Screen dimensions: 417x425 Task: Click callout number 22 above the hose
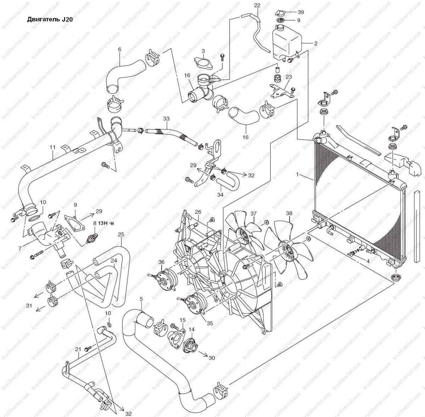257,5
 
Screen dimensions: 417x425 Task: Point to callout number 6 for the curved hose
119,50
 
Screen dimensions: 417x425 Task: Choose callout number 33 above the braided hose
167,119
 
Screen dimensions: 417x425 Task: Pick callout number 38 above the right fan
289,213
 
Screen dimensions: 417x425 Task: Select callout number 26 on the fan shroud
198,212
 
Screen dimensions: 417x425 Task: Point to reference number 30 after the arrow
212,358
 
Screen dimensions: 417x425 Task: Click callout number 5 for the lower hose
141,299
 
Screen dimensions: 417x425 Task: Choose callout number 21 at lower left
78,349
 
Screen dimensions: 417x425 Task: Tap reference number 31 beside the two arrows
29,305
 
